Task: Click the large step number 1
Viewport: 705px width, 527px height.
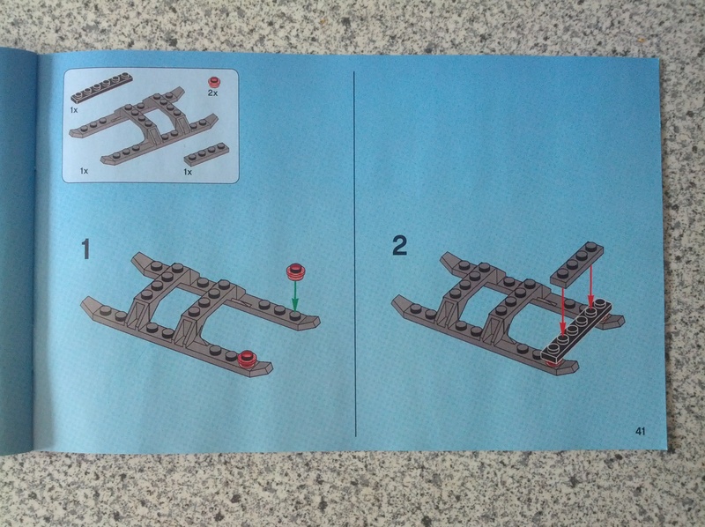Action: tap(85, 249)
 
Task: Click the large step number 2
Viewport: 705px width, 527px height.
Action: tap(400, 246)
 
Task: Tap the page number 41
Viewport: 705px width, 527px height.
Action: tap(641, 431)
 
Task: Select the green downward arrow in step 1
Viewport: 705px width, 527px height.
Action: tap(295, 295)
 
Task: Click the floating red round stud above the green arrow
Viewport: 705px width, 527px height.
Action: tap(295, 271)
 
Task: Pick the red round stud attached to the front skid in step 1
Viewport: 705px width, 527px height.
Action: tap(247, 358)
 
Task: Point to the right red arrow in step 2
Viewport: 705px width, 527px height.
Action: tap(590, 284)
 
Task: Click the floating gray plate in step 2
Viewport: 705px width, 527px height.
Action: tap(577, 264)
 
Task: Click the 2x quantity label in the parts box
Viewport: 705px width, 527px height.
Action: tap(212, 93)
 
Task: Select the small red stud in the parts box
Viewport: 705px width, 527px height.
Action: tap(214, 82)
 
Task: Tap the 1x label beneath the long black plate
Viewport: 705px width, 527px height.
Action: tap(74, 109)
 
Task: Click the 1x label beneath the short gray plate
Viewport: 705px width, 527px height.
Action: tap(188, 172)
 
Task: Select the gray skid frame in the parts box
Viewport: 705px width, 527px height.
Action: tap(143, 125)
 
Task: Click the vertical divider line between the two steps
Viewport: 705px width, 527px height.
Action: tap(355, 253)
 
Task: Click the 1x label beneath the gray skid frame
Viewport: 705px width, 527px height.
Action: tap(84, 171)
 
